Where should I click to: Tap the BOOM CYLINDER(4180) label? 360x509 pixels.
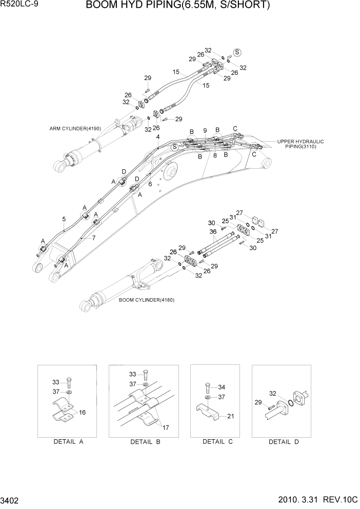coord(146,300)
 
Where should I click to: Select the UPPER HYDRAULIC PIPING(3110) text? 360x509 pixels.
coord(301,144)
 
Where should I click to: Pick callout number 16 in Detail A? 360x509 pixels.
coord(82,412)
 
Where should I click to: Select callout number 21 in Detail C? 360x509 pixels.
coord(230,416)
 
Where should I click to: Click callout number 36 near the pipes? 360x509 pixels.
coord(213,232)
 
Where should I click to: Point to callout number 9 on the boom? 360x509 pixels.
coord(205,130)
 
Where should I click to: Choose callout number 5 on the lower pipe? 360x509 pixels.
coord(64,219)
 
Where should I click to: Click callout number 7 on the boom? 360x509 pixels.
coord(93,238)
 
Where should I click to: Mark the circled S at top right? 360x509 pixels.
coord(237,52)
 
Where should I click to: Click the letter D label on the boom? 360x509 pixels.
coord(124,171)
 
